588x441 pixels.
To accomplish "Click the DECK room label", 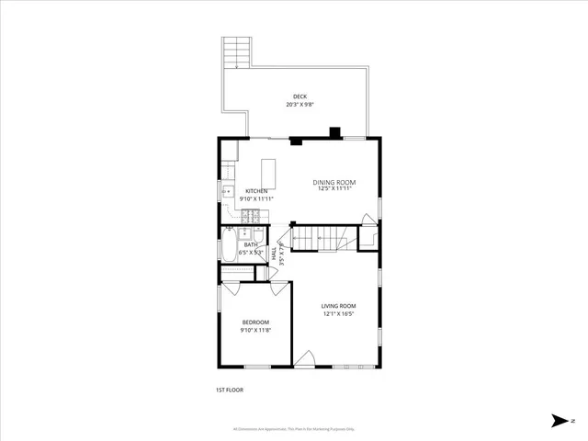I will pos(300,96).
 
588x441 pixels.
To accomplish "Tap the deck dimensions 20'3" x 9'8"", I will pos(300,105).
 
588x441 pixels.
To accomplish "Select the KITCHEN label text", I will pos(256,191).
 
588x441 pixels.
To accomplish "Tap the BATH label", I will pos(251,244).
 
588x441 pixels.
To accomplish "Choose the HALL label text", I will pos(275,254).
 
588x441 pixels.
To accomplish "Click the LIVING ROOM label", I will pos(338,306).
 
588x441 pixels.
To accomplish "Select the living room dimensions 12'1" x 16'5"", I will pos(338,314).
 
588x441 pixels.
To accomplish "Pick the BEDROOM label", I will pos(255,322).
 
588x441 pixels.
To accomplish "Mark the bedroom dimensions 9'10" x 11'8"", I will pos(255,330).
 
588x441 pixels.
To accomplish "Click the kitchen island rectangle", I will pos(269,173).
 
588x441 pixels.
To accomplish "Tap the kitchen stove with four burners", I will pos(253,217).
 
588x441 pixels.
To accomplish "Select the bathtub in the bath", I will pos(227,248).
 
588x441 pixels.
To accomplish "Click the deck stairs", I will pos(237,52).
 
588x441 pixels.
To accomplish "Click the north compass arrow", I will pos(560,421).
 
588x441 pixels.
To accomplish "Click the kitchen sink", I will pos(227,192).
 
